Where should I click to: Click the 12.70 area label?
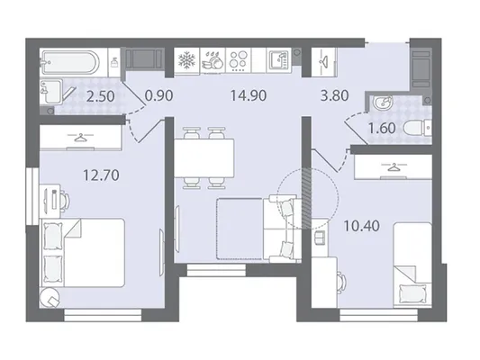[101, 175]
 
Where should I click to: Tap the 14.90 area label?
[249, 95]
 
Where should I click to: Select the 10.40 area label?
[361, 226]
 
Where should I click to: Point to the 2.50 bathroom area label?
[100, 96]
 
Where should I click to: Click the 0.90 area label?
[158, 95]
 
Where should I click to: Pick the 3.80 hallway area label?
[335, 95]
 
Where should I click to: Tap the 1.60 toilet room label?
[382, 128]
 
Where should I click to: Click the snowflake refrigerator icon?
[186, 60]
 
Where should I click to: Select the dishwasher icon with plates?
[213, 60]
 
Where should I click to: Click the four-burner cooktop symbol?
[238, 60]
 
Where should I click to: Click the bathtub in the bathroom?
[71, 62]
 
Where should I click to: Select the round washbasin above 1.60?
[383, 103]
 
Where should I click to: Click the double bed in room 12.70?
[83, 253]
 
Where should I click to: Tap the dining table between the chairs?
[204, 157]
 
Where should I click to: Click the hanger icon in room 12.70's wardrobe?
[80, 138]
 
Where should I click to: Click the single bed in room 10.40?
[412, 265]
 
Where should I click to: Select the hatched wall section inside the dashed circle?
[305, 198]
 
